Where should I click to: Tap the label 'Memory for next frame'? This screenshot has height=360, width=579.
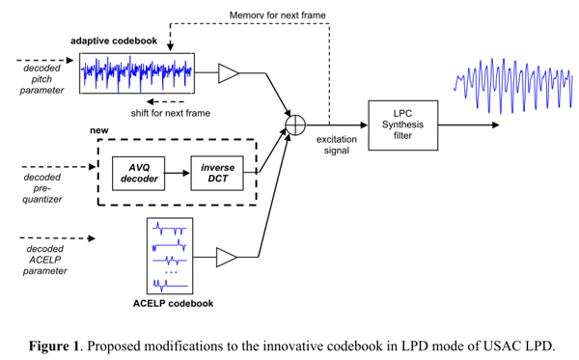pos(278,15)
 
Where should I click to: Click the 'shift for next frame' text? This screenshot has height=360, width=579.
pos(171,113)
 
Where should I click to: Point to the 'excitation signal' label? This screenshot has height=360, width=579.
pos(337,145)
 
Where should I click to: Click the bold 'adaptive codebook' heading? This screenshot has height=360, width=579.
pos(114,41)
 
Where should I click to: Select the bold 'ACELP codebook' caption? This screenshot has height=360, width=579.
pos(173,303)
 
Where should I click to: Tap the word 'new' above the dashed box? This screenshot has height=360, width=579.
pos(99,130)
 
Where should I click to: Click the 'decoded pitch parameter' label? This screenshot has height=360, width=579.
pos(41,79)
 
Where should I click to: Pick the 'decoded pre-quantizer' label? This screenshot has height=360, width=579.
pos(42,188)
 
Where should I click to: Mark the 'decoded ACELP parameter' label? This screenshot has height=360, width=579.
pos(45,260)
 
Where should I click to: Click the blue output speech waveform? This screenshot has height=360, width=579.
pos(513,86)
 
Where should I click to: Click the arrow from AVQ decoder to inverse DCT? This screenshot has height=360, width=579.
pos(178,173)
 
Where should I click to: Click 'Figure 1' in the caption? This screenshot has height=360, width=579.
pos(54,346)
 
